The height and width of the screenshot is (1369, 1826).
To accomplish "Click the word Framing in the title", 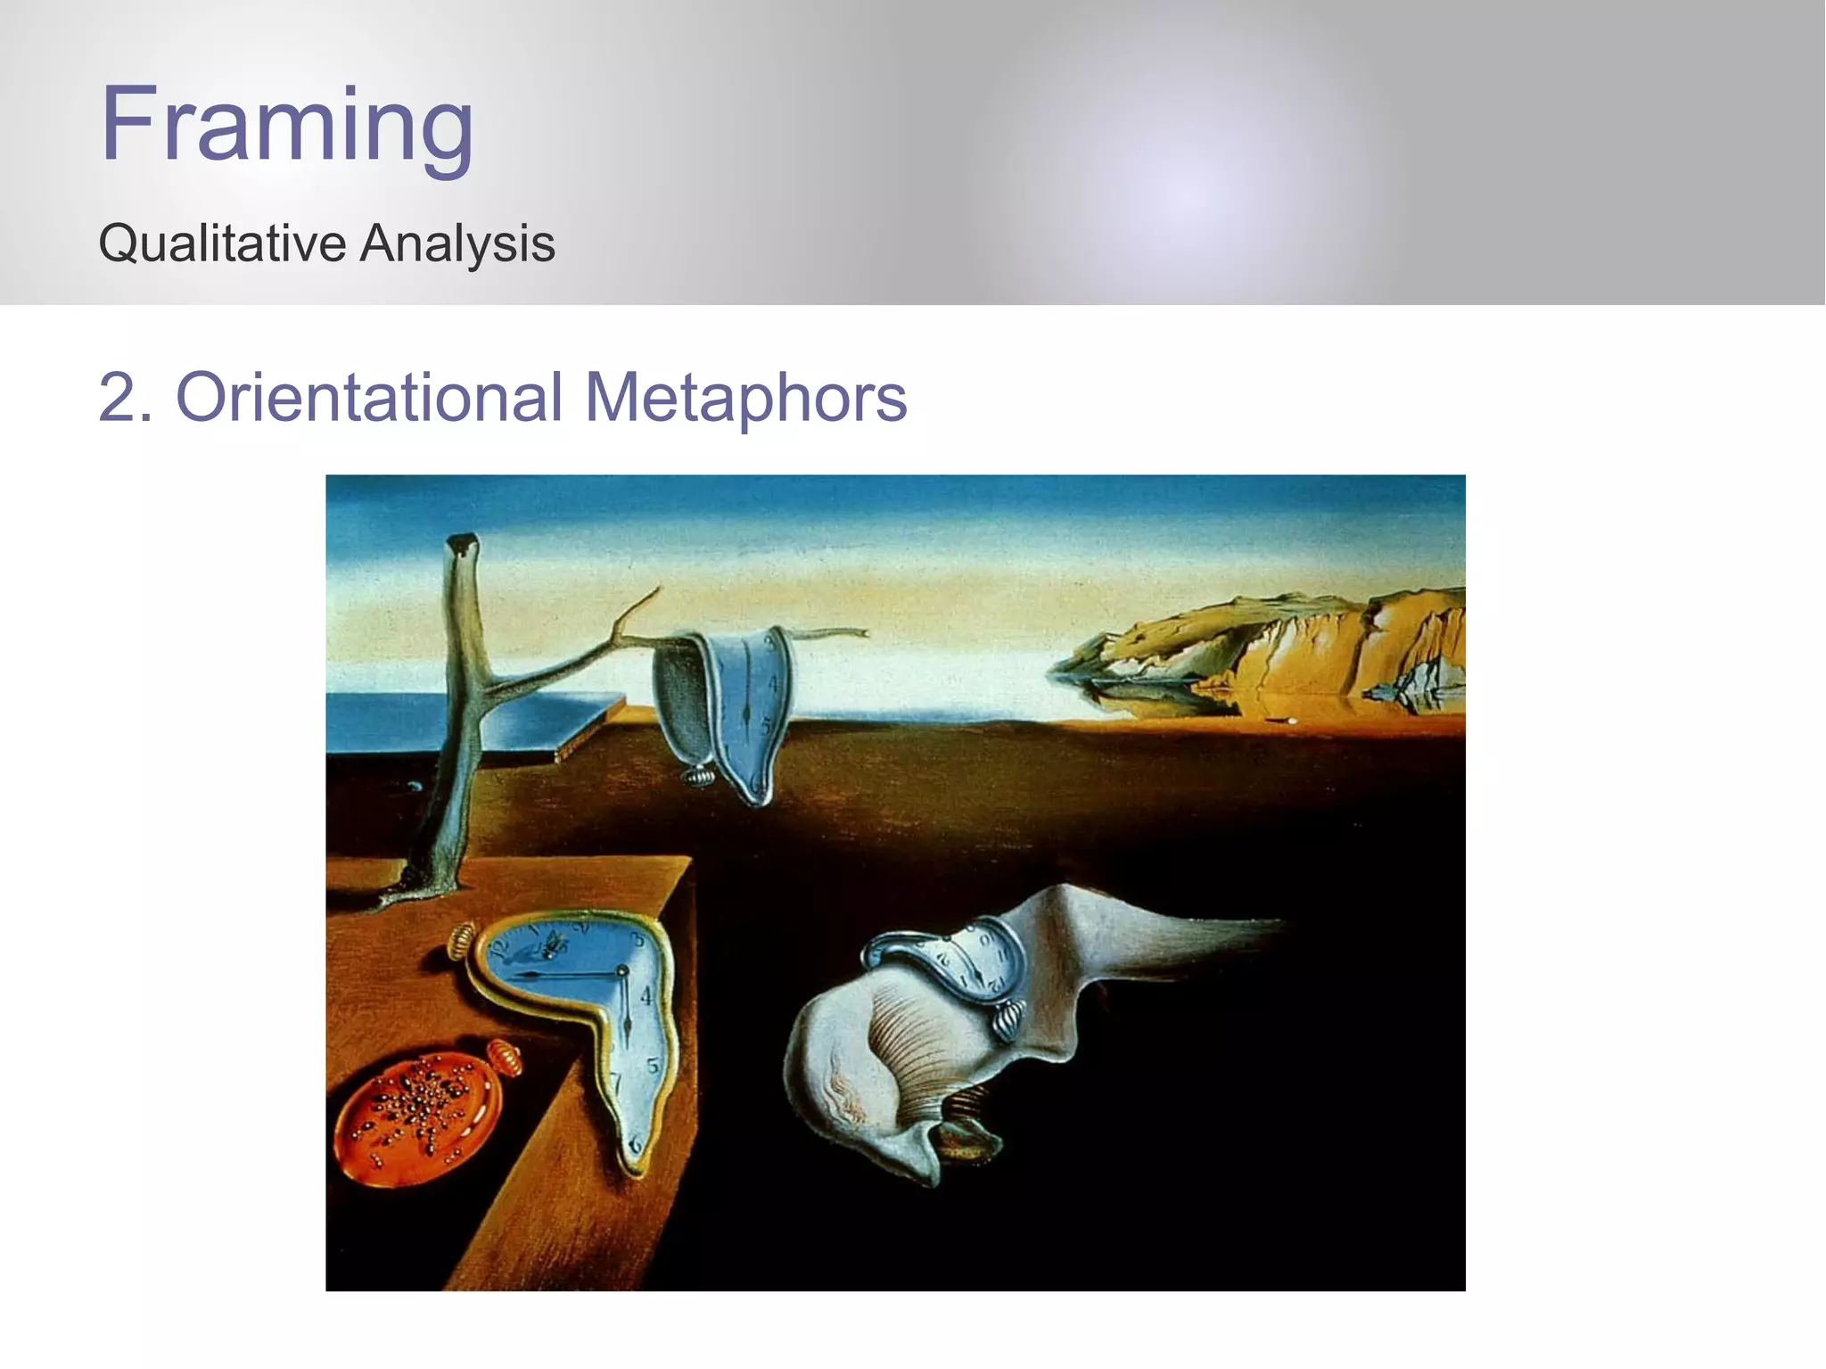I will [286, 124].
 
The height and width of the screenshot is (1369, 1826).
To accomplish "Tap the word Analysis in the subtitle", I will [457, 243].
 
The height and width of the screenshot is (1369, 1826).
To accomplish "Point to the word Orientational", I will [369, 397].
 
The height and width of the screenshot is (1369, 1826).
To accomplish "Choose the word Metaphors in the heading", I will [745, 397].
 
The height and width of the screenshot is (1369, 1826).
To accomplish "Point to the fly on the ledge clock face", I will [551, 942].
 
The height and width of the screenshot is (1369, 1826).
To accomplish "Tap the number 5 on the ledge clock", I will [653, 1066].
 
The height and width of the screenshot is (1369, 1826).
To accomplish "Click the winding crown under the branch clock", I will [700, 776].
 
